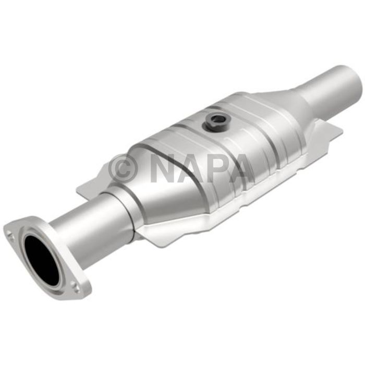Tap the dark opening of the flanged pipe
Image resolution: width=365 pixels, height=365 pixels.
[x=41, y=260]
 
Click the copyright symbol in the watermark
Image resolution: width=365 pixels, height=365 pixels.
[x=123, y=168]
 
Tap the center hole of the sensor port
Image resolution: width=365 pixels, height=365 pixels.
[x=216, y=120]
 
